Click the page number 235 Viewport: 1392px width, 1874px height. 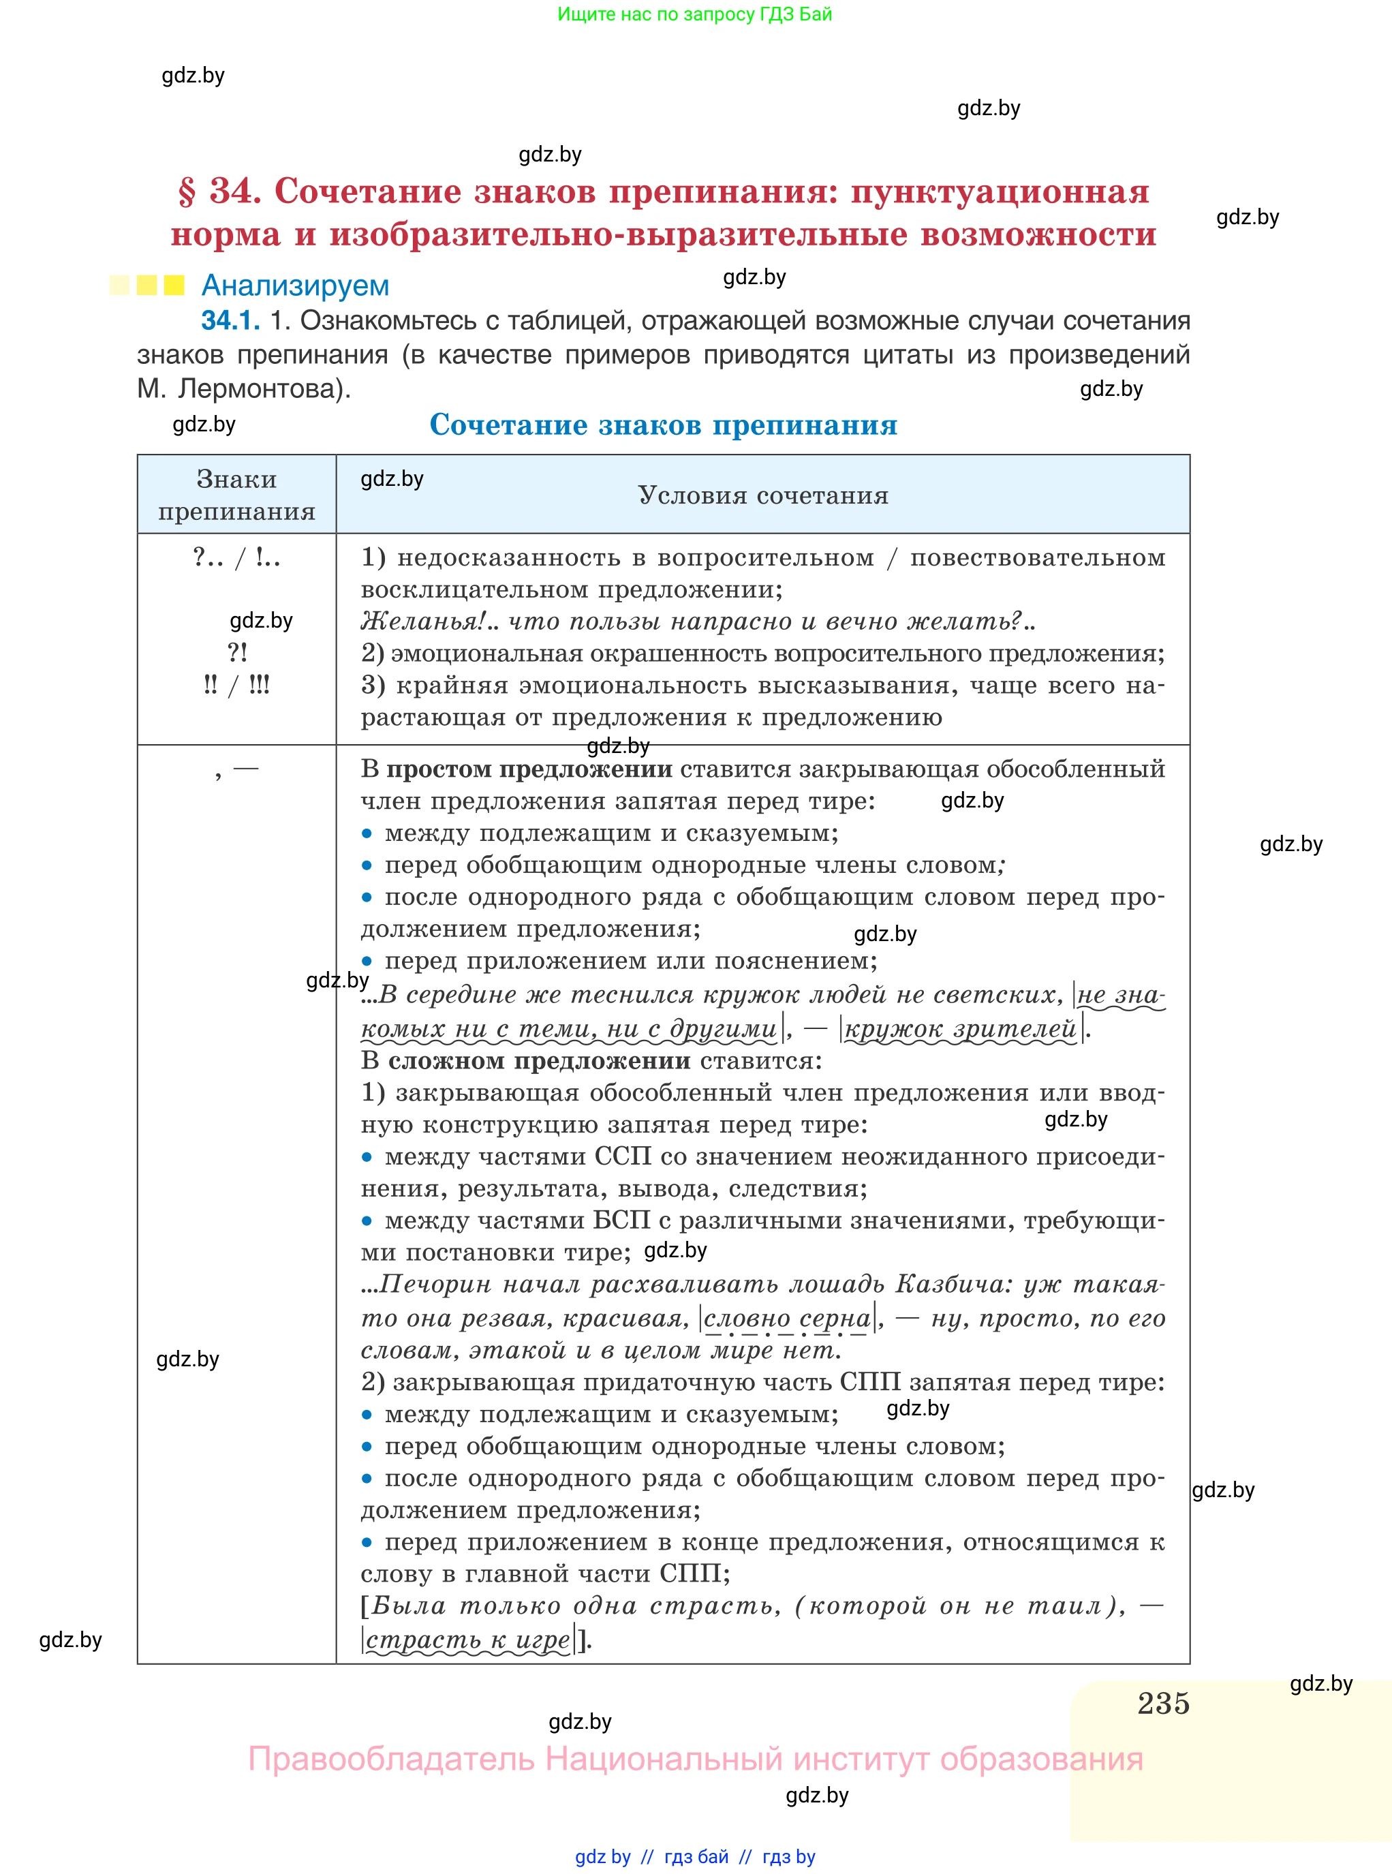(1163, 1703)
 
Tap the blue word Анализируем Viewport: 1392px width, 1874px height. (295, 286)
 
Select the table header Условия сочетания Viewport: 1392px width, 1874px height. (762, 495)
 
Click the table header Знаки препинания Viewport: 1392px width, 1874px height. (237, 495)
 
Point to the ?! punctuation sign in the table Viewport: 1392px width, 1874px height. (238, 652)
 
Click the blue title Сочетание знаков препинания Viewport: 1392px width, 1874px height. (663, 425)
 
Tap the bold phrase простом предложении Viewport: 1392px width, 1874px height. (529, 769)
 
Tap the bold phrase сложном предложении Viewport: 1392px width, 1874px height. (539, 1061)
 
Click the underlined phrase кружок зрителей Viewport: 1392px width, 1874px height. (961, 1029)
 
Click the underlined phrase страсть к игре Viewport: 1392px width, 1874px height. (469, 1640)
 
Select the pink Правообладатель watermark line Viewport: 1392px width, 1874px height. (695, 1759)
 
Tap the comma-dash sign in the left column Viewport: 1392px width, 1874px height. (237, 770)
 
